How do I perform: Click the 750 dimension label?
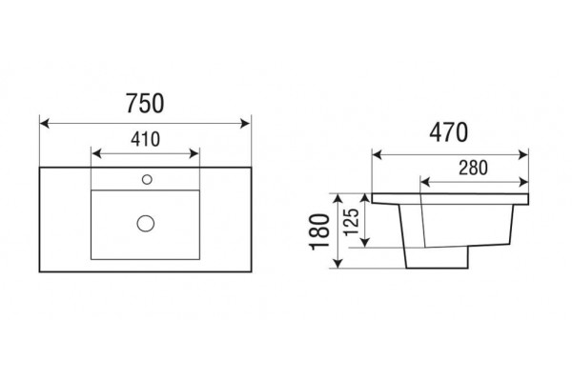pos(145,103)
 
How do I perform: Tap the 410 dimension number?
pos(146,139)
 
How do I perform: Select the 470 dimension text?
pos(448,132)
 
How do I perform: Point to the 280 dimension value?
pos(473,168)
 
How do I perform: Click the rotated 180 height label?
pos(319,231)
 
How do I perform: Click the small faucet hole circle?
pos(147,179)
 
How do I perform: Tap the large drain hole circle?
pos(146,223)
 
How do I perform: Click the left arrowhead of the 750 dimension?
pos(44,123)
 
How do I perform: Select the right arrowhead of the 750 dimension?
pos(246,123)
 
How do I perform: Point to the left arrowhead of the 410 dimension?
pos(96,153)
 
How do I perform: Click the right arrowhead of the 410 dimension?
pos(194,153)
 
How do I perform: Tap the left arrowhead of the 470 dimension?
pos(377,154)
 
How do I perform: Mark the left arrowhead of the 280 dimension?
pos(426,181)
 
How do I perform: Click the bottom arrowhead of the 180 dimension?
pos(338,263)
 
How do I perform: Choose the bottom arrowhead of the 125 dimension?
pos(365,243)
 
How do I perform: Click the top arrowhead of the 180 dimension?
pos(338,199)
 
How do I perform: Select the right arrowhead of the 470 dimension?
pos(523,154)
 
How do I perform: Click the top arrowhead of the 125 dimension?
pos(365,199)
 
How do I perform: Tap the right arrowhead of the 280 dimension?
pos(523,181)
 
